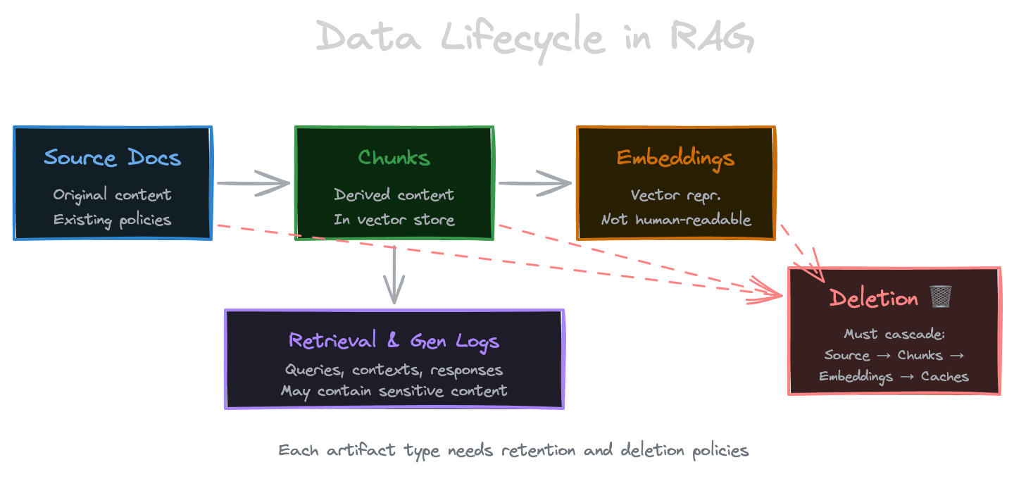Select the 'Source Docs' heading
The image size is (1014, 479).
coord(113,157)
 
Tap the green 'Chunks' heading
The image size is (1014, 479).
coord(394,157)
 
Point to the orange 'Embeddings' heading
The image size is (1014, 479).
coord(675,158)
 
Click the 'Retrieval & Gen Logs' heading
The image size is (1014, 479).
coord(394,341)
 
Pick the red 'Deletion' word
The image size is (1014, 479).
coord(874,298)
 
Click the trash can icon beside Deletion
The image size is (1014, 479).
coord(940,297)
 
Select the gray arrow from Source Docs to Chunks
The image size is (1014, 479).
coord(253,183)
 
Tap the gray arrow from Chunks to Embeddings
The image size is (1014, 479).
coord(535,183)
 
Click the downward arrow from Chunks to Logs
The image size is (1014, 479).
coord(394,275)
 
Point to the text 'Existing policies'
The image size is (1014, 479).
coord(113,220)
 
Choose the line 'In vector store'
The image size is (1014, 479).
coord(394,220)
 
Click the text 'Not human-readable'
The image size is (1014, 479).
coord(676,220)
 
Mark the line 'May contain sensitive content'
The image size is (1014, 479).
coord(394,390)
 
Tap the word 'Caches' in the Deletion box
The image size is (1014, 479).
coord(944,376)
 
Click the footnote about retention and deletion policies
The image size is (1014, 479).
coord(513,450)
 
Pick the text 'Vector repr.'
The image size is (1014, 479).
coord(675,195)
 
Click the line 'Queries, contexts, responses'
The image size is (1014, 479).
coord(394,370)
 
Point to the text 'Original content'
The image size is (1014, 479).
coord(113,195)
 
